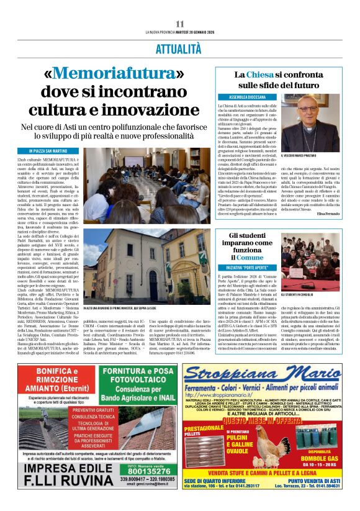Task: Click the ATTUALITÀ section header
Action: [179, 47]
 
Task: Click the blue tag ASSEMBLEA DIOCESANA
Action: [247, 97]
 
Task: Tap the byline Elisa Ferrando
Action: [328, 213]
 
